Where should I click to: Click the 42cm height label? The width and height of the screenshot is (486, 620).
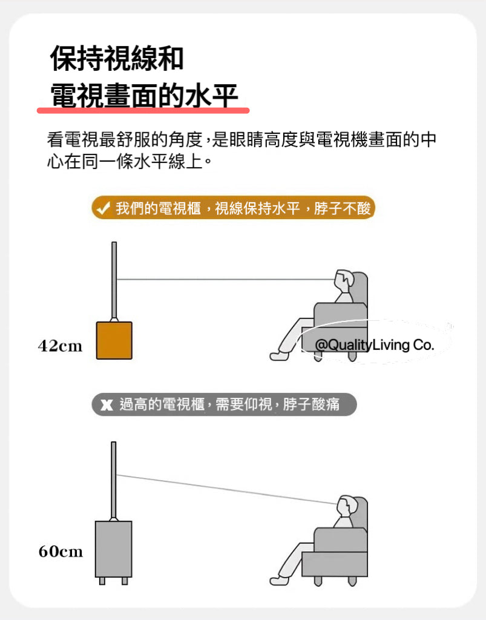[x=60, y=346]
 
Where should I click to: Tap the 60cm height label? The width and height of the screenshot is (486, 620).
[x=61, y=551]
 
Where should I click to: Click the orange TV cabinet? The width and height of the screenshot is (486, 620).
[x=114, y=340]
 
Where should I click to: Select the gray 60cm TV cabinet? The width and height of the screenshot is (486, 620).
[x=113, y=549]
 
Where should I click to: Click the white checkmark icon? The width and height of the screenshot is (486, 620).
[x=103, y=208]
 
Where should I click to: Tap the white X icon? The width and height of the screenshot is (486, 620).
[x=107, y=404]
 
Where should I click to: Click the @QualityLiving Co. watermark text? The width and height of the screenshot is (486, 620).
[x=375, y=345]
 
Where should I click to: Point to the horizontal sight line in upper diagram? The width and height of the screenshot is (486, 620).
[x=226, y=280]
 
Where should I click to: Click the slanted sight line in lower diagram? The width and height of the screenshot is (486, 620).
[x=227, y=489]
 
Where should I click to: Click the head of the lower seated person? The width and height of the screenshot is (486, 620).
[x=346, y=506]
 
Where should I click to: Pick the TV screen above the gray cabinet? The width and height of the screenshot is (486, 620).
[x=113, y=480]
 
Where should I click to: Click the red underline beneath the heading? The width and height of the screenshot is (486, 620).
[x=143, y=110]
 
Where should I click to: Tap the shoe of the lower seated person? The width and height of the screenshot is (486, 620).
[x=278, y=581]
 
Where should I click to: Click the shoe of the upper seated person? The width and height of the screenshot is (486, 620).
[x=278, y=356]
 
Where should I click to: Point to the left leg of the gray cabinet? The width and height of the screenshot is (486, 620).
[x=102, y=581]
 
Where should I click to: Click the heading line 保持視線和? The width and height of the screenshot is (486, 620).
[x=117, y=58]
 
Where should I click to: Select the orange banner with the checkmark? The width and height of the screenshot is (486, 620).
[x=233, y=208]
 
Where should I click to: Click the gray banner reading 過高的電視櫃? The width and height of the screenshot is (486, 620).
[x=224, y=404]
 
